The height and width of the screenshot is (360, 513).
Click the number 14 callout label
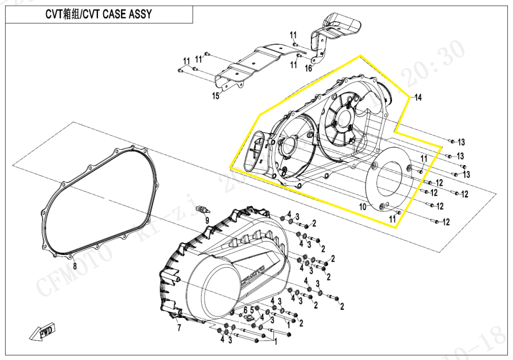pyautogui.click(x=418, y=97)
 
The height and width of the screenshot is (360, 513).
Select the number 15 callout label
pyautogui.click(x=216, y=96)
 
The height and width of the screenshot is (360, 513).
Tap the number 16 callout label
pyautogui.click(x=308, y=68)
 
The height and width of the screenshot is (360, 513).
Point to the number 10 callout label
pyautogui.click(x=362, y=207)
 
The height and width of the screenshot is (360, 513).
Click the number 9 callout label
pyautogui.click(x=207, y=221)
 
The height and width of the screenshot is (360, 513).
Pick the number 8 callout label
pyautogui.click(x=74, y=266)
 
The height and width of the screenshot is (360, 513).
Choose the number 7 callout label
pyautogui.click(x=179, y=328)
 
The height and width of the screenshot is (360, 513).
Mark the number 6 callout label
pyautogui.click(x=245, y=310)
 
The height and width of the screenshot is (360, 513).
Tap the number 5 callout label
pyautogui.click(x=252, y=309)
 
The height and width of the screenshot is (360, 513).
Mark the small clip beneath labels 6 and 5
pyautogui.click(x=251, y=318)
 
